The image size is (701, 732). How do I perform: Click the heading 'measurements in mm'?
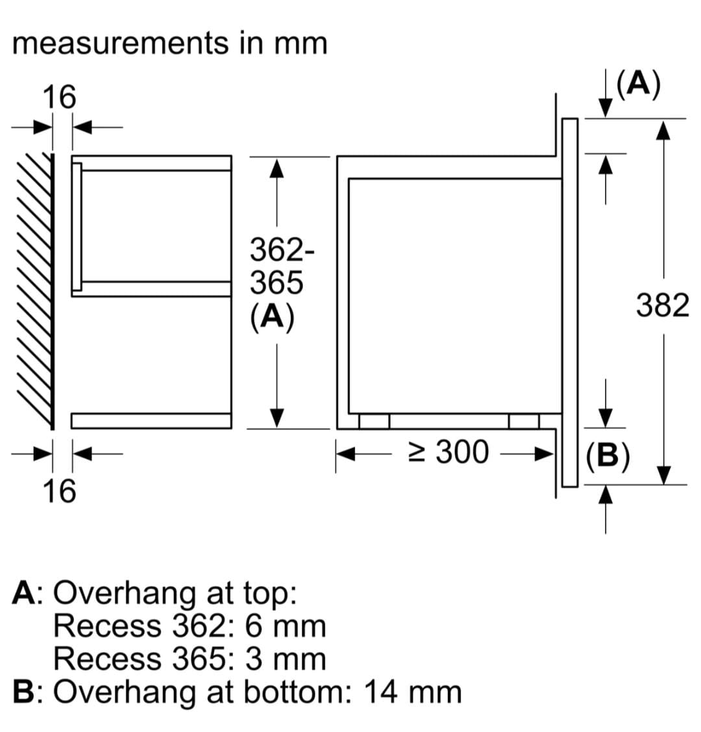click(x=169, y=44)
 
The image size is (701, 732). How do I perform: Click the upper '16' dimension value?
click(x=58, y=97)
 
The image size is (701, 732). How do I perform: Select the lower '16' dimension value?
click(x=58, y=490)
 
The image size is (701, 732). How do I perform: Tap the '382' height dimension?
click(x=662, y=305)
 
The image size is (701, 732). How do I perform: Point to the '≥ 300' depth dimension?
click(x=449, y=452)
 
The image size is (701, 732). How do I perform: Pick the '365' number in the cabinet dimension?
click(x=277, y=283)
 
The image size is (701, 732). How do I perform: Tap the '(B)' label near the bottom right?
click(x=607, y=456)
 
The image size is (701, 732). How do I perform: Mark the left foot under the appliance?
click(x=374, y=422)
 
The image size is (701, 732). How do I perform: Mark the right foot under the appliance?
click(x=523, y=422)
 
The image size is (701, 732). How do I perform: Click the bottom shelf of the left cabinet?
click(x=151, y=421)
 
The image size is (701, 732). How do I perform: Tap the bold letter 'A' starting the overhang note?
click(x=23, y=593)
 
